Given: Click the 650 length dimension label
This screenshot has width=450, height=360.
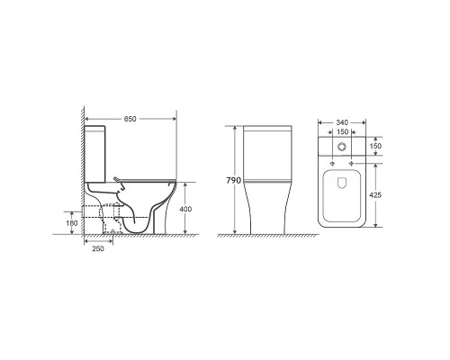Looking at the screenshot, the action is tap(130, 119).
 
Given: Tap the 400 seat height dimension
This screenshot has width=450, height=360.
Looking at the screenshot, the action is tap(185, 209).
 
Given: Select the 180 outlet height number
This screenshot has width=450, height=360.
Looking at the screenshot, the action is tap(71, 223).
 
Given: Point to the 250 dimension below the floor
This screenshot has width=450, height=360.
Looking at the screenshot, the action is tap(98, 248).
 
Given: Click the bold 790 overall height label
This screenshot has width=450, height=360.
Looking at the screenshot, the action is tap(234, 180).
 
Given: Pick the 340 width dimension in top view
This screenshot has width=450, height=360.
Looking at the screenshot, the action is tap(342, 122).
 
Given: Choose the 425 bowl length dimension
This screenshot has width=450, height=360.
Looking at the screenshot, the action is tap(375, 195).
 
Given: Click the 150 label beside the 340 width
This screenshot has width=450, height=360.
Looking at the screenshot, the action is tap(342, 131).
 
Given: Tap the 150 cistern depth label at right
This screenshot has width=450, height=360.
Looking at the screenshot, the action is tap(375, 146).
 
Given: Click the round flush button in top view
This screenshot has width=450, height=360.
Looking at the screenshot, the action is tap(342, 147).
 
